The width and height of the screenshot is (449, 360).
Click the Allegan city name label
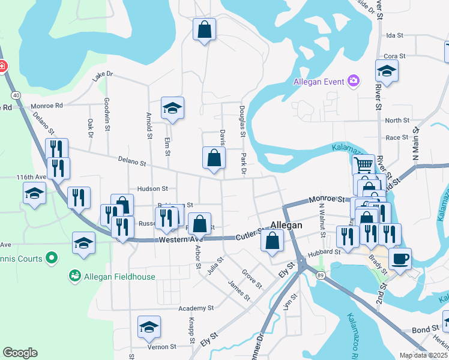click(286, 225)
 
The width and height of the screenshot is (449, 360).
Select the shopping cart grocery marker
click(363, 164)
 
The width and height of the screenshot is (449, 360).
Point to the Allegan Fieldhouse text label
click(120, 277)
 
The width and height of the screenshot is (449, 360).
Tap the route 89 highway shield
click(321, 275)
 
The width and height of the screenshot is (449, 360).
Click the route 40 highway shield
click(16, 95)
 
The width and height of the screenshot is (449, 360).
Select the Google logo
click(20, 353)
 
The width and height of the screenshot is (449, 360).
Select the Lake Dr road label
click(103, 76)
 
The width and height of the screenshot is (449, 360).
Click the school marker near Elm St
click(172, 108)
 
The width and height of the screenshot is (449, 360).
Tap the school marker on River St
click(387, 70)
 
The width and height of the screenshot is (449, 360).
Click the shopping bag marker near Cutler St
click(273, 241)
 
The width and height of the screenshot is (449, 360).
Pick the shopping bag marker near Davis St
click(214, 158)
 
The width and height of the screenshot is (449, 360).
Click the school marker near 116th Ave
click(34, 193)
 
